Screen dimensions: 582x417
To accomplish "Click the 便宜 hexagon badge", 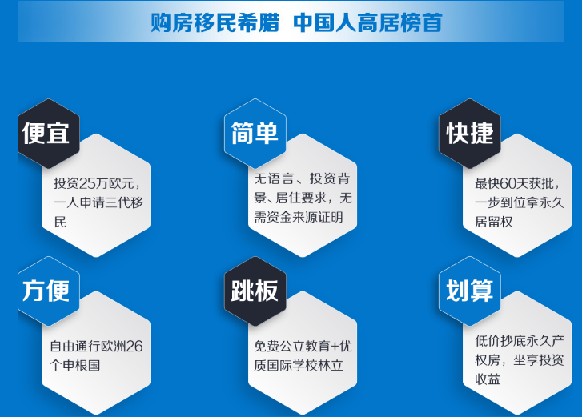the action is [x=49, y=134].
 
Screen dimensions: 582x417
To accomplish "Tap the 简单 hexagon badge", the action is [x=255, y=134].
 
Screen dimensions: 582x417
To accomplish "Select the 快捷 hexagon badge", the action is [x=470, y=134].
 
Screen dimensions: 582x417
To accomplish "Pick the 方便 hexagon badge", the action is [x=49, y=291].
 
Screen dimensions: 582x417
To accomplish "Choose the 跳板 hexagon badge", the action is [x=255, y=291].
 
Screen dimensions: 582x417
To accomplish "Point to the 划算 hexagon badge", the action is [x=470, y=291].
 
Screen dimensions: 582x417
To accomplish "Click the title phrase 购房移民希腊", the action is [x=215, y=22].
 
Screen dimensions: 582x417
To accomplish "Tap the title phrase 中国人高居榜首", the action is [x=367, y=22].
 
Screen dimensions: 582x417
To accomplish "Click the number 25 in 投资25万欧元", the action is [x=88, y=183].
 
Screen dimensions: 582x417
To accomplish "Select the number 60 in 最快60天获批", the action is [x=508, y=183].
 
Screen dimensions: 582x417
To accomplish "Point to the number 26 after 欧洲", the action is [x=134, y=347].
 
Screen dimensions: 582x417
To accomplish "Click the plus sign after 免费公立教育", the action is [x=335, y=347].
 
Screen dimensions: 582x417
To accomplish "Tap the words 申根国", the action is [x=82, y=366].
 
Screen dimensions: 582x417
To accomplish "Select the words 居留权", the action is [x=494, y=222].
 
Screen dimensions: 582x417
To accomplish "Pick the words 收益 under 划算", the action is [x=488, y=379].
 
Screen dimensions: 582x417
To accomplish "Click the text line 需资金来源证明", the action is [x=299, y=217].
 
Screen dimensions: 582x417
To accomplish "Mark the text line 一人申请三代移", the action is [x=98, y=202].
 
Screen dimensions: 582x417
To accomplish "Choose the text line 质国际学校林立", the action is [x=299, y=366].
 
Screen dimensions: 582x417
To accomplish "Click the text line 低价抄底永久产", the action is [x=520, y=341].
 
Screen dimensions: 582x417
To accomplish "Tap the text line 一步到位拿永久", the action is [x=520, y=202].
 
